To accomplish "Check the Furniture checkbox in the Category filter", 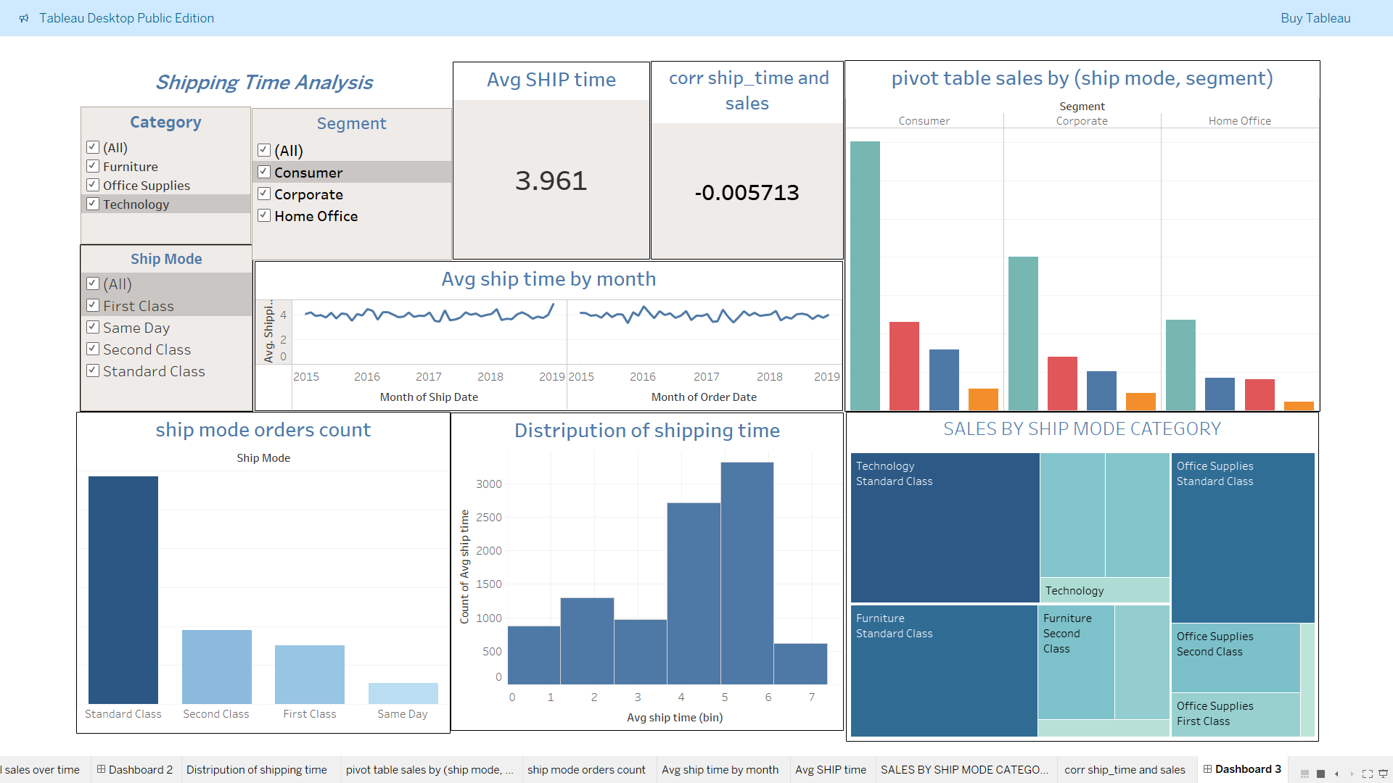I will (93, 167).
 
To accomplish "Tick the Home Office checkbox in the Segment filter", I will (264, 216).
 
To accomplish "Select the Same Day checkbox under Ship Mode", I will (93, 328).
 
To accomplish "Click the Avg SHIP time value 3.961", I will (551, 181).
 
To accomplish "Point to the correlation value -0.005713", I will (747, 193).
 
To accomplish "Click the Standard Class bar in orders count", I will (123, 589).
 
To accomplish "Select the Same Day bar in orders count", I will (403, 693).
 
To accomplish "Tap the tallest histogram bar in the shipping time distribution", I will (747, 573).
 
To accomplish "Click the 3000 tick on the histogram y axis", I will (488, 484).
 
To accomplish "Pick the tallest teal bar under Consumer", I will (865, 275).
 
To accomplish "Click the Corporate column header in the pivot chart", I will (1081, 121).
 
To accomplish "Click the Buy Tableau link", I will (1315, 18).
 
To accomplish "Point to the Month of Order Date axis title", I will (703, 397).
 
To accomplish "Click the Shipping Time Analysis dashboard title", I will (264, 83).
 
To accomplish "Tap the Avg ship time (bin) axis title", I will (674, 718).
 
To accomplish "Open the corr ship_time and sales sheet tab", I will (1124, 769).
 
